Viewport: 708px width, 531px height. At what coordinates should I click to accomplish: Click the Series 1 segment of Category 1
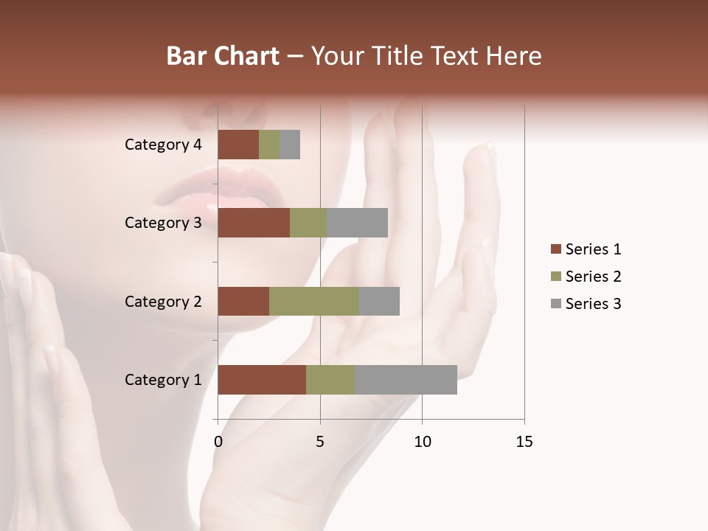click(x=262, y=380)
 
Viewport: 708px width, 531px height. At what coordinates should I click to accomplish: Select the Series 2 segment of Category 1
click(x=330, y=380)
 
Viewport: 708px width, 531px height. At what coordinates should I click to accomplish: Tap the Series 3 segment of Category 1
click(x=406, y=380)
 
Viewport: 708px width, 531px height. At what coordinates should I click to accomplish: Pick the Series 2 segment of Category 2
click(x=314, y=301)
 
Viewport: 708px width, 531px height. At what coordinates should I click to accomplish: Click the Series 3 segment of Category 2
click(x=379, y=301)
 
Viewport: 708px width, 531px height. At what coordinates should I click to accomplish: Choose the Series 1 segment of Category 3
click(x=254, y=223)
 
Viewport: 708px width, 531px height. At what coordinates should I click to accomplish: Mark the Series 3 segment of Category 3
click(x=357, y=223)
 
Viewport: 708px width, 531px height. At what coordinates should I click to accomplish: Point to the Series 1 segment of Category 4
click(x=238, y=145)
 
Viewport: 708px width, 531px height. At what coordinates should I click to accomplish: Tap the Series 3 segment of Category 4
click(x=290, y=145)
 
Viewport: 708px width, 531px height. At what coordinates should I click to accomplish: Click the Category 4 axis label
click(x=163, y=145)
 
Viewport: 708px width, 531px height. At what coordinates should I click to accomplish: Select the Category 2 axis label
click(x=163, y=301)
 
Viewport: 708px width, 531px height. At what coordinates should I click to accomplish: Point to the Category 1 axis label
click(x=163, y=380)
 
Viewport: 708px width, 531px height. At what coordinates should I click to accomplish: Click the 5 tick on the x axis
click(x=320, y=442)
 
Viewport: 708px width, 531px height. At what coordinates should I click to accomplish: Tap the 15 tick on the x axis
click(x=524, y=442)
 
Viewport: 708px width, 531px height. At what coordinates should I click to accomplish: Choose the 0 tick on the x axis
click(x=218, y=442)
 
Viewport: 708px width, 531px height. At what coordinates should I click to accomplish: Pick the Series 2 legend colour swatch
click(x=555, y=277)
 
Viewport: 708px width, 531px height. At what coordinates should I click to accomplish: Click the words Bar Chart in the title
click(x=223, y=56)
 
